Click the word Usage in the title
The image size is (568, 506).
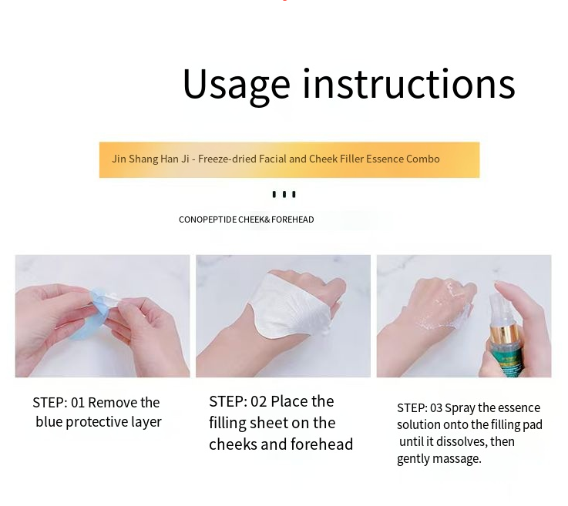236,85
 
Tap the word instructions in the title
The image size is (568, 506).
408,83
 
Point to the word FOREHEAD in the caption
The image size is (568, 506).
293,219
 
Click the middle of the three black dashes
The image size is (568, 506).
284,194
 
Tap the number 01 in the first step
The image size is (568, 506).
78,403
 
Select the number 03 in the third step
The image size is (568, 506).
436,408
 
